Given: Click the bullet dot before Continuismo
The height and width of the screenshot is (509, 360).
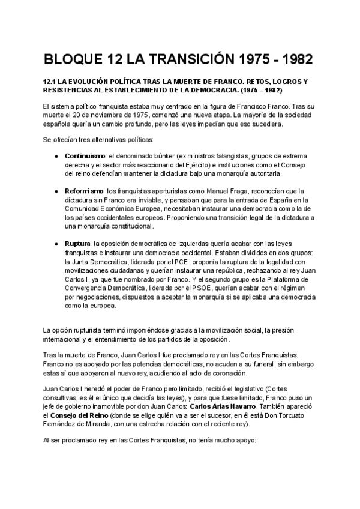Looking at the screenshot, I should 56,156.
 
